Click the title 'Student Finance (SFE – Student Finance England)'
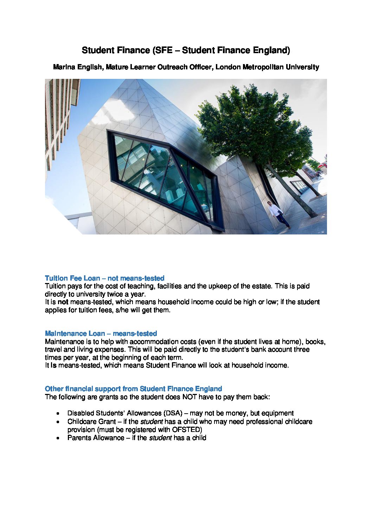(186, 50)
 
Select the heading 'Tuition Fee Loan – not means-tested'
(104, 278)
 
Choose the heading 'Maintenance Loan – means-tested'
(101, 333)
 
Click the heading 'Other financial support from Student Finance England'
(133, 389)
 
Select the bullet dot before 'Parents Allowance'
(58, 438)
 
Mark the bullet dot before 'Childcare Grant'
(58, 422)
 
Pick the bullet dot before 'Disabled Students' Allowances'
(58, 414)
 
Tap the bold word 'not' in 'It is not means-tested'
(63, 302)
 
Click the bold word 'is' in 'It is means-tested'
(53, 365)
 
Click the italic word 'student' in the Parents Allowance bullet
(160, 438)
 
